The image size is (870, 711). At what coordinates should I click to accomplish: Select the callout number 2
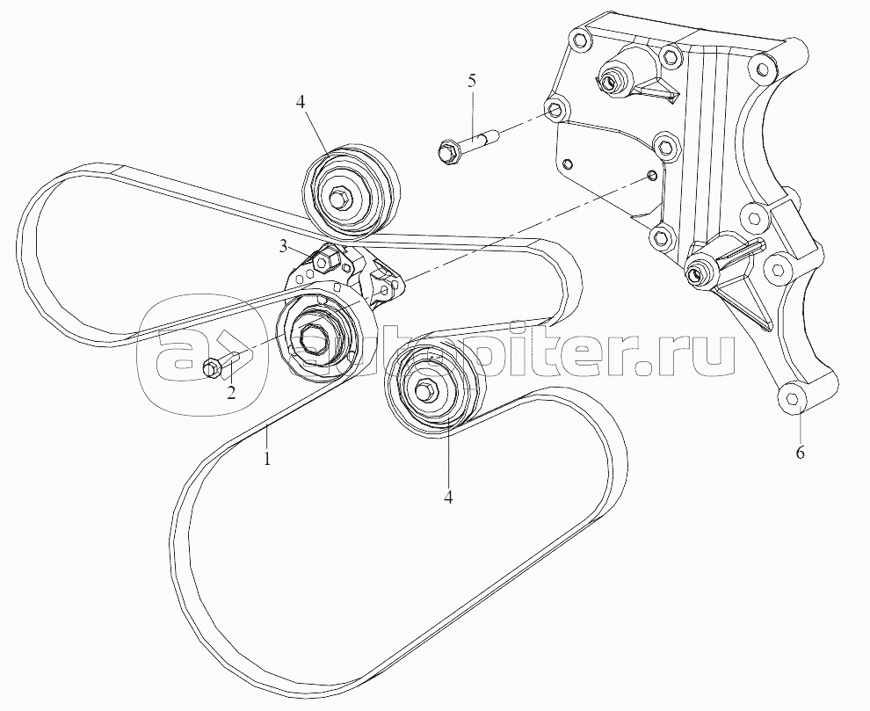click(x=231, y=393)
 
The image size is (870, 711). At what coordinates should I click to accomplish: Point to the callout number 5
click(x=472, y=81)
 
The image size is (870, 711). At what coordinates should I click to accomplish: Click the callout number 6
click(x=800, y=453)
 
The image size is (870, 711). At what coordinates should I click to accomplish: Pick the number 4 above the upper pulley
click(x=301, y=103)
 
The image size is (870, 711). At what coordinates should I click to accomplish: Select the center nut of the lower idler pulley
click(x=426, y=391)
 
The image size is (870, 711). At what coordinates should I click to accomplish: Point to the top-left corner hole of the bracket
click(x=577, y=40)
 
